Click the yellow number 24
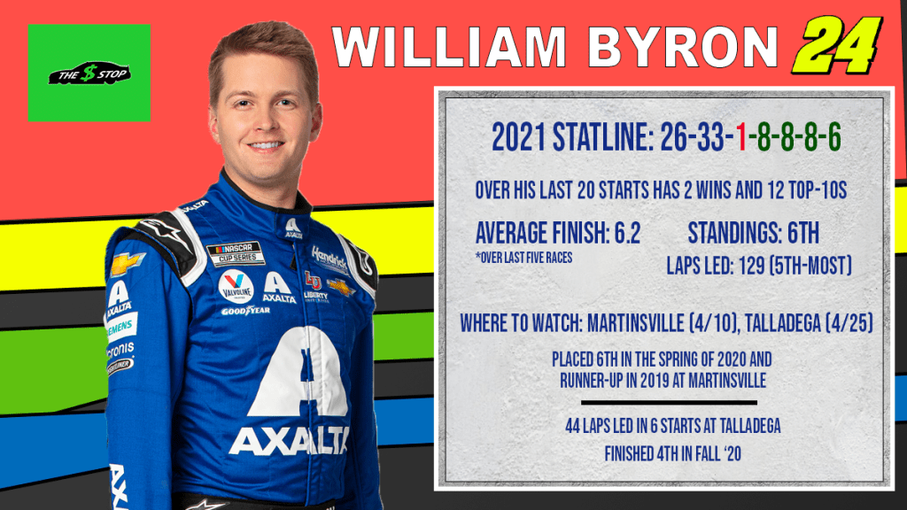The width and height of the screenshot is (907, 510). click(x=838, y=45)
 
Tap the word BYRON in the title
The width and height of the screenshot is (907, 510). click(x=683, y=46)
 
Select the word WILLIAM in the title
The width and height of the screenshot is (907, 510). click(x=449, y=46)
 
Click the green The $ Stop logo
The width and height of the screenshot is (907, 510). click(x=89, y=73)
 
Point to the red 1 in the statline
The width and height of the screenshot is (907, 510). click(x=741, y=138)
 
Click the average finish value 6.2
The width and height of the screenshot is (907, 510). click(x=627, y=233)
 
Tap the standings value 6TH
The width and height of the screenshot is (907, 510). click(x=802, y=233)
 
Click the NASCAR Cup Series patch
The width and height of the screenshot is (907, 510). click(x=236, y=252)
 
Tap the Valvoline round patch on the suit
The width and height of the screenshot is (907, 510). click(x=236, y=286)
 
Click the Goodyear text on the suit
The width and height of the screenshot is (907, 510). click(x=245, y=311)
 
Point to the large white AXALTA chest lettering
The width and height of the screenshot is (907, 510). click(x=290, y=441)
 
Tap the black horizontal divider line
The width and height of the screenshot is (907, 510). click(x=669, y=403)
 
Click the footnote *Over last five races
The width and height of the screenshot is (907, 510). click(x=524, y=258)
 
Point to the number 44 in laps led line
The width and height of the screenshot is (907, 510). click(x=572, y=426)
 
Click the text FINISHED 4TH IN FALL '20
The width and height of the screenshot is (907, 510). click(x=673, y=454)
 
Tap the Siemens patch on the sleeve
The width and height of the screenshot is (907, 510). click(x=121, y=328)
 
